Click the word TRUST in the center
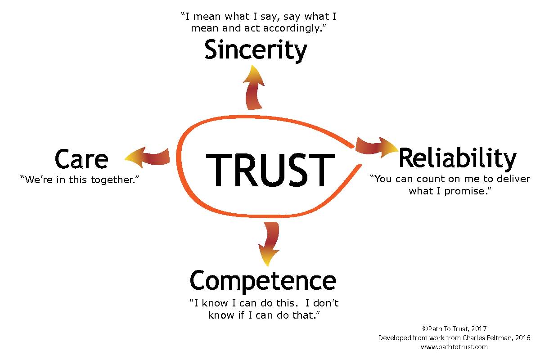tap(270, 170)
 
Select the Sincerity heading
tap(256, 50)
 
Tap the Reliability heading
tap(457, 158)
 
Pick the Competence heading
tap(263, 281)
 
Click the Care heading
tap(81, 159)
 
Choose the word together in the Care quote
tap(112, 180)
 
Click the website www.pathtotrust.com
tap(454, 347)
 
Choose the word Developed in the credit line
tap(394, 338)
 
